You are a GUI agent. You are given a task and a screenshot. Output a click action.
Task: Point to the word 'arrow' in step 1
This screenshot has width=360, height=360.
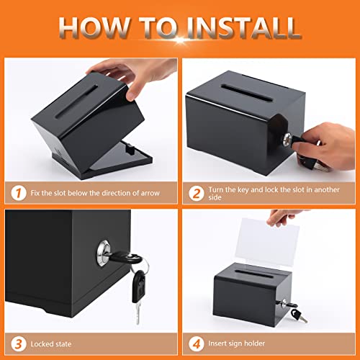click(153, 192)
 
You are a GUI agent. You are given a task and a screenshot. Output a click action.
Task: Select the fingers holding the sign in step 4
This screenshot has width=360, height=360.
click(285, 217)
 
